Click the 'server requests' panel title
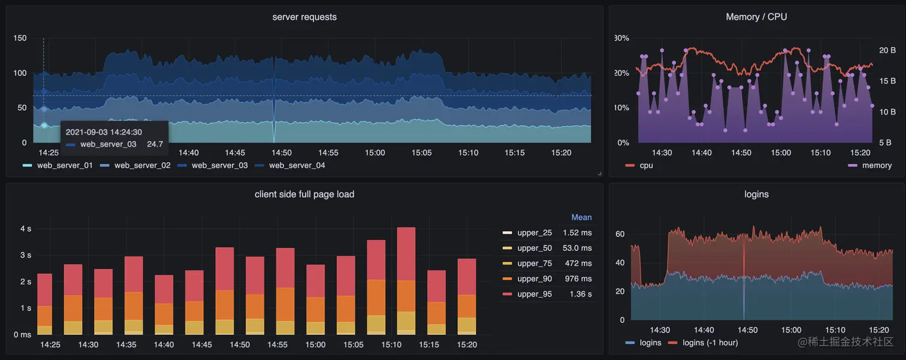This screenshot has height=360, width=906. tap(304, 17)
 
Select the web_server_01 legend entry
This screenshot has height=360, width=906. tap(64, 165)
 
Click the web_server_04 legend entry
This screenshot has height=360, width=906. tap(297, 165)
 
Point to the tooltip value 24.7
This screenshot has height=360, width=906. tap(155, 144)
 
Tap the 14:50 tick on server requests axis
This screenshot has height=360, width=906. tap(282, 153)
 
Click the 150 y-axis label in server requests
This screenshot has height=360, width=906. tap(20, 38)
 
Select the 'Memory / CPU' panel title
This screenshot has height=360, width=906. tap(756, 17)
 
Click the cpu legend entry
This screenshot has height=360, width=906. tap(646, 165)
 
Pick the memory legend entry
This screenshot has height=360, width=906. tap(877, 165)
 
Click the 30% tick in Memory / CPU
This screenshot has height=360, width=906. tap(621, 38)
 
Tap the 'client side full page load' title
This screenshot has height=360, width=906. tap(304, 194)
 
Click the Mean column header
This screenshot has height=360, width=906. tap(581, 217)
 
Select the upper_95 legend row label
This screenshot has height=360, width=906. tap(534, 294)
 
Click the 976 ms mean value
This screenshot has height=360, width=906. tap(578, 279)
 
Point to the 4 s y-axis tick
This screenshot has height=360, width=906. tap(26, 229)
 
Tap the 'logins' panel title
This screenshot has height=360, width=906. tap(756, 194)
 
